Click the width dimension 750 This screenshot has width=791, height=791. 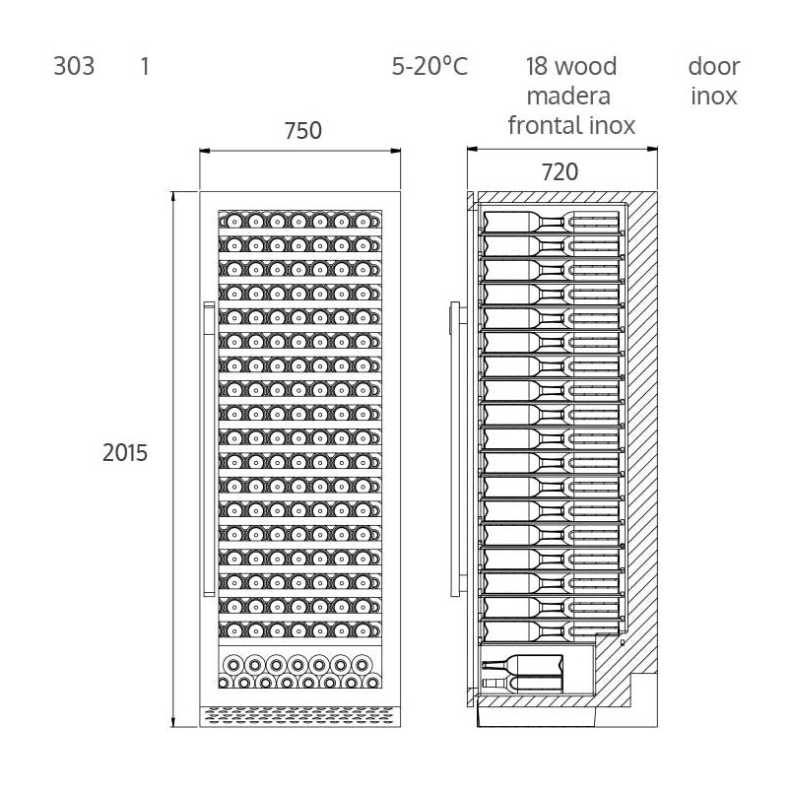pyautogui.click(x=302, y=131)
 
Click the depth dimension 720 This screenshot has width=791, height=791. pyautogui.click(x=559, y=171)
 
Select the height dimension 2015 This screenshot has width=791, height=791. pyautogui.click(x=125, y=453)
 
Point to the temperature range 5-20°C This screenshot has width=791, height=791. pyautogui.click(x=428, y=67)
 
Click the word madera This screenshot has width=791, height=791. pyautogui.click(x=568, y=97)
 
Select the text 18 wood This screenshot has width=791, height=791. pyautogui.click(x=570, y=67)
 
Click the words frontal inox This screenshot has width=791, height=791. pyautogui.click(x=570, y=126)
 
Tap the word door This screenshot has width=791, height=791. pyautogui.click(x=713, y=67)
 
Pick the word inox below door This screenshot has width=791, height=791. pyautogui.click(x=713, y=97)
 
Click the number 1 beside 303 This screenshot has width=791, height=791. pyautogui.click(x=145, y=67)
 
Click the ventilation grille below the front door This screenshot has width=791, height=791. pyautogui.click(x=300, y=714)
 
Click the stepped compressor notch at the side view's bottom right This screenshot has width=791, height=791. pyautogui.click(x=642, y=690)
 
